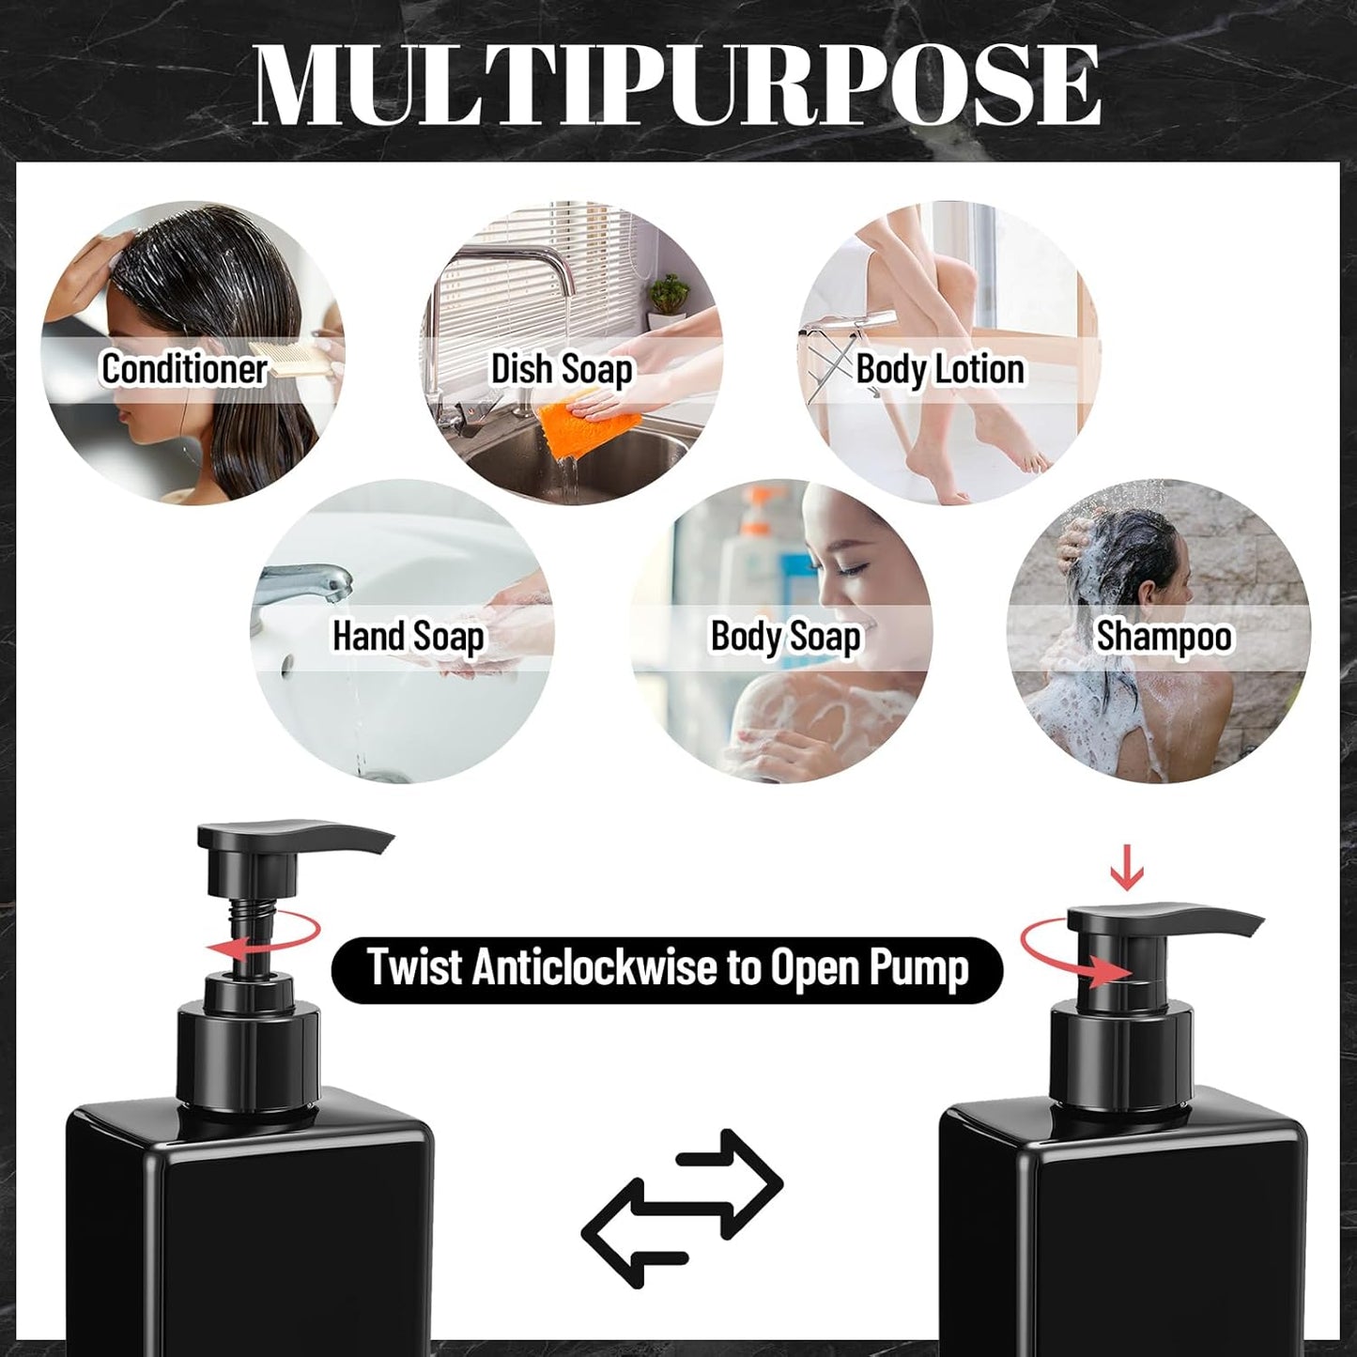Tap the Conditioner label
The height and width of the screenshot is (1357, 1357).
point(184,368)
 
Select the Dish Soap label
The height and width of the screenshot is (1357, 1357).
point(562,369)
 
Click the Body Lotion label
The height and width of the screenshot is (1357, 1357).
point(939,369)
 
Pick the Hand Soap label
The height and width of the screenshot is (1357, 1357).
point(408,637)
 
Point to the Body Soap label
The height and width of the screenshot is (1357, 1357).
point(785,637)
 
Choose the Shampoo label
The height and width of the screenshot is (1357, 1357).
point(1163,637)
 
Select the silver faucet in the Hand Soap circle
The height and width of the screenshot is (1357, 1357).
point(305,582)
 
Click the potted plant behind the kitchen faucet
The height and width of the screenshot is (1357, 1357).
point(669,293)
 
